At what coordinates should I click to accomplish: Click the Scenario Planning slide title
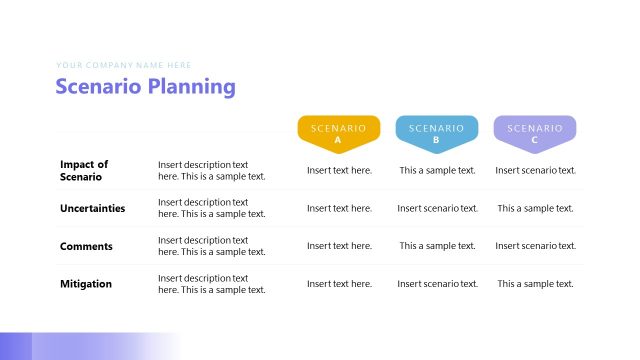tap(146, 87)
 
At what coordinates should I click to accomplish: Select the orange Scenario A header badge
tap(338, 133)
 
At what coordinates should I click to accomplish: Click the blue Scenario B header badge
tap(437, 133)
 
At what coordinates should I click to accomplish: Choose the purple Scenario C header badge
tap(535, 133)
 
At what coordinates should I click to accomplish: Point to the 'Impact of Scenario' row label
tap(84, 171)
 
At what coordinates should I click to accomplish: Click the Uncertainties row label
tap(93, 208)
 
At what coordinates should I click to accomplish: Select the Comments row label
tap(86, 246)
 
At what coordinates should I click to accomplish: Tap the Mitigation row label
tap(86, 284)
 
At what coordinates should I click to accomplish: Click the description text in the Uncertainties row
tap(211, 208)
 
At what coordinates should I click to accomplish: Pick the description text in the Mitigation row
tap(211, 284)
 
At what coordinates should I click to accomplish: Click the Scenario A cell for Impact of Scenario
tap(339, 170)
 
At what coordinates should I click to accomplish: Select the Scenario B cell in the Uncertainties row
tap(437, 208)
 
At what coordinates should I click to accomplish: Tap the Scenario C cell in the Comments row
tap(535, 246)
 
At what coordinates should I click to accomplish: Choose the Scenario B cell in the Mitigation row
tap(437, 284)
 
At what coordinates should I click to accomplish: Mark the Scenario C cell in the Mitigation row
tap(535, 284)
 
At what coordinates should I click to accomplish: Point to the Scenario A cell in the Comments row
tap(339, 246)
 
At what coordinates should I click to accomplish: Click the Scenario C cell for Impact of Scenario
tap(535, 170)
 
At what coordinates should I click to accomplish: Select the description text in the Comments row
tap(211, 246)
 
